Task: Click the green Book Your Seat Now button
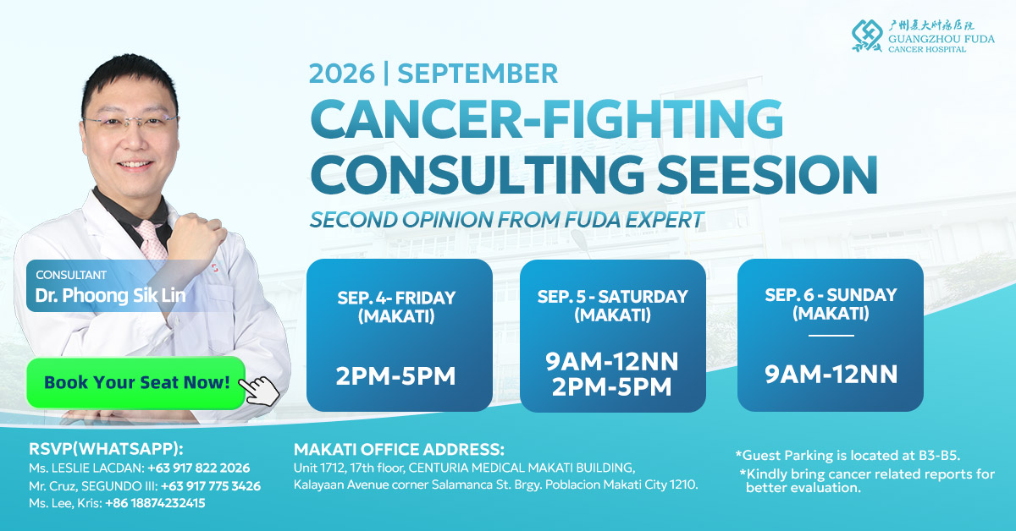coord(136,383)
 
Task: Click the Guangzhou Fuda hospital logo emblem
coord(867,36)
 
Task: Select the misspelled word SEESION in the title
coord(767,175)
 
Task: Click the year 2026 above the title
coord(342,74)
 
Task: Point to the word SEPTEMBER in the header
coord(478,74)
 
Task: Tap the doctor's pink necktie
coord(151,240)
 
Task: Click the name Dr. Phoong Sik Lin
coord(111,295)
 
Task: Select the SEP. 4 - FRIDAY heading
coord(396,298)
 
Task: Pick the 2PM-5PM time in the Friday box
coord(395,376)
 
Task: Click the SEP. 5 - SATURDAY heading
coord(613,296)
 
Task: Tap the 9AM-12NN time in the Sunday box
coord(831,375)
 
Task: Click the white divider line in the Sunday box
coord(831,336)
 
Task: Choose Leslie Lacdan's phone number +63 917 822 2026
coord(199,468)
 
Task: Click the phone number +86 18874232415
coord(155,503)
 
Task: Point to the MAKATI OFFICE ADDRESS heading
coord(399,450)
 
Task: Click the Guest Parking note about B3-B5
coord(848,456)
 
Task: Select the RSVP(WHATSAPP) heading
coord(106,449)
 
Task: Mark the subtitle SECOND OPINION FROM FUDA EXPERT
coord(506,220)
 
